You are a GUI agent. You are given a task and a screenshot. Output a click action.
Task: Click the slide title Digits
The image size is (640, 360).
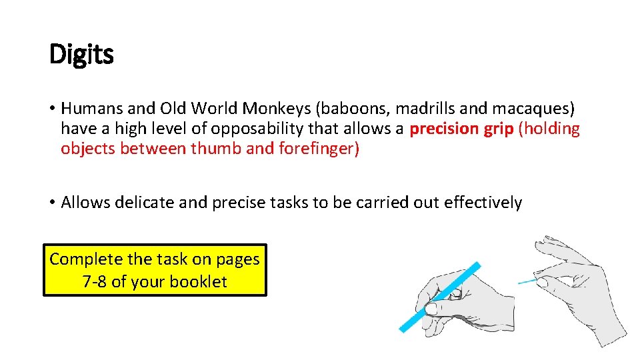tap(81, 55)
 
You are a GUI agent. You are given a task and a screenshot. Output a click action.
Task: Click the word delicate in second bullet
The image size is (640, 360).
tap(141, 203)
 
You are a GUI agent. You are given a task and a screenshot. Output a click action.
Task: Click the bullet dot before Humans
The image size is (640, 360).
tap(52, 109)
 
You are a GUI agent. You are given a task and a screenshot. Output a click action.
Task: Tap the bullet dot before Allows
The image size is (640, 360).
tap(52, 203)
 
